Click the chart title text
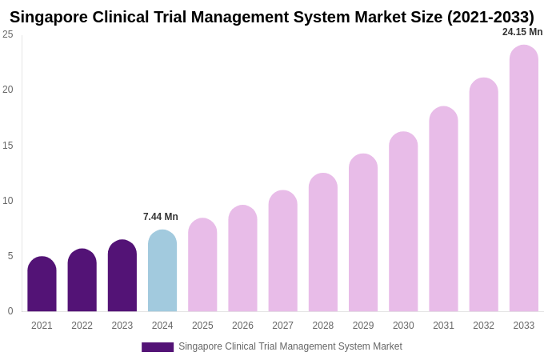(272, 17)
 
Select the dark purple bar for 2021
(42, 285)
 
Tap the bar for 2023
(122, 276)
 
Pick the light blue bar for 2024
(162, 271)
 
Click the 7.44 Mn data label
(161, 217)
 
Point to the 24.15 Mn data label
(522, 32)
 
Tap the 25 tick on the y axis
(8, 34)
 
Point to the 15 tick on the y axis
(8, 146)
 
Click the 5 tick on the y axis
(10, 256)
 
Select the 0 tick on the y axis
(10, 311)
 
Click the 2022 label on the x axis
(82, 326)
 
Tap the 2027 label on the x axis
(282, 326)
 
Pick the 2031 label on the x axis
(443, 326)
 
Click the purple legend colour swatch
(158, 347)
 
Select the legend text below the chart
(290, 346)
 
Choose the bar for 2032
(483, 195)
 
